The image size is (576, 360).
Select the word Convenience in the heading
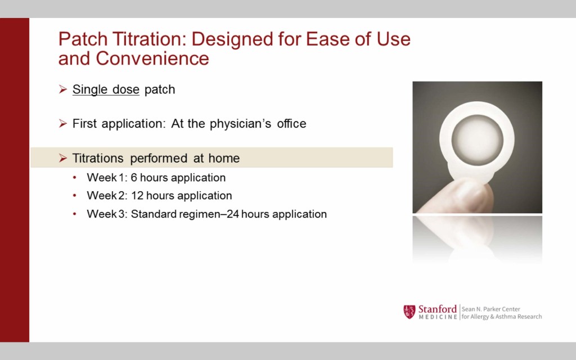(152, 58)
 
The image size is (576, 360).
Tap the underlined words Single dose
(106, 89)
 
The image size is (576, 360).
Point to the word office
(291, 123)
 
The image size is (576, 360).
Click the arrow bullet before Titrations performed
(63, 158)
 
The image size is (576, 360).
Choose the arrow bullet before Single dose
(63, 89)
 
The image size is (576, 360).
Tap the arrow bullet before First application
(63, 123)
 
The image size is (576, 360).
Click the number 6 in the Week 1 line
(134, 177)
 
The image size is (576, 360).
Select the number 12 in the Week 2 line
(137, 195)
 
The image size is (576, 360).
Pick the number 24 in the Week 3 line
(233, 214)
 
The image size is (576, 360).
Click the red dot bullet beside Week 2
(75, 196)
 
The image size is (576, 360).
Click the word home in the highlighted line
(224, 158)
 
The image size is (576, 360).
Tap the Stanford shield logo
(409, 312)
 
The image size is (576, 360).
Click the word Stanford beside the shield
(437, 309)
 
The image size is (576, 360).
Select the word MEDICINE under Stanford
(438, 317)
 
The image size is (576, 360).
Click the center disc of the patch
(477, 140)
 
